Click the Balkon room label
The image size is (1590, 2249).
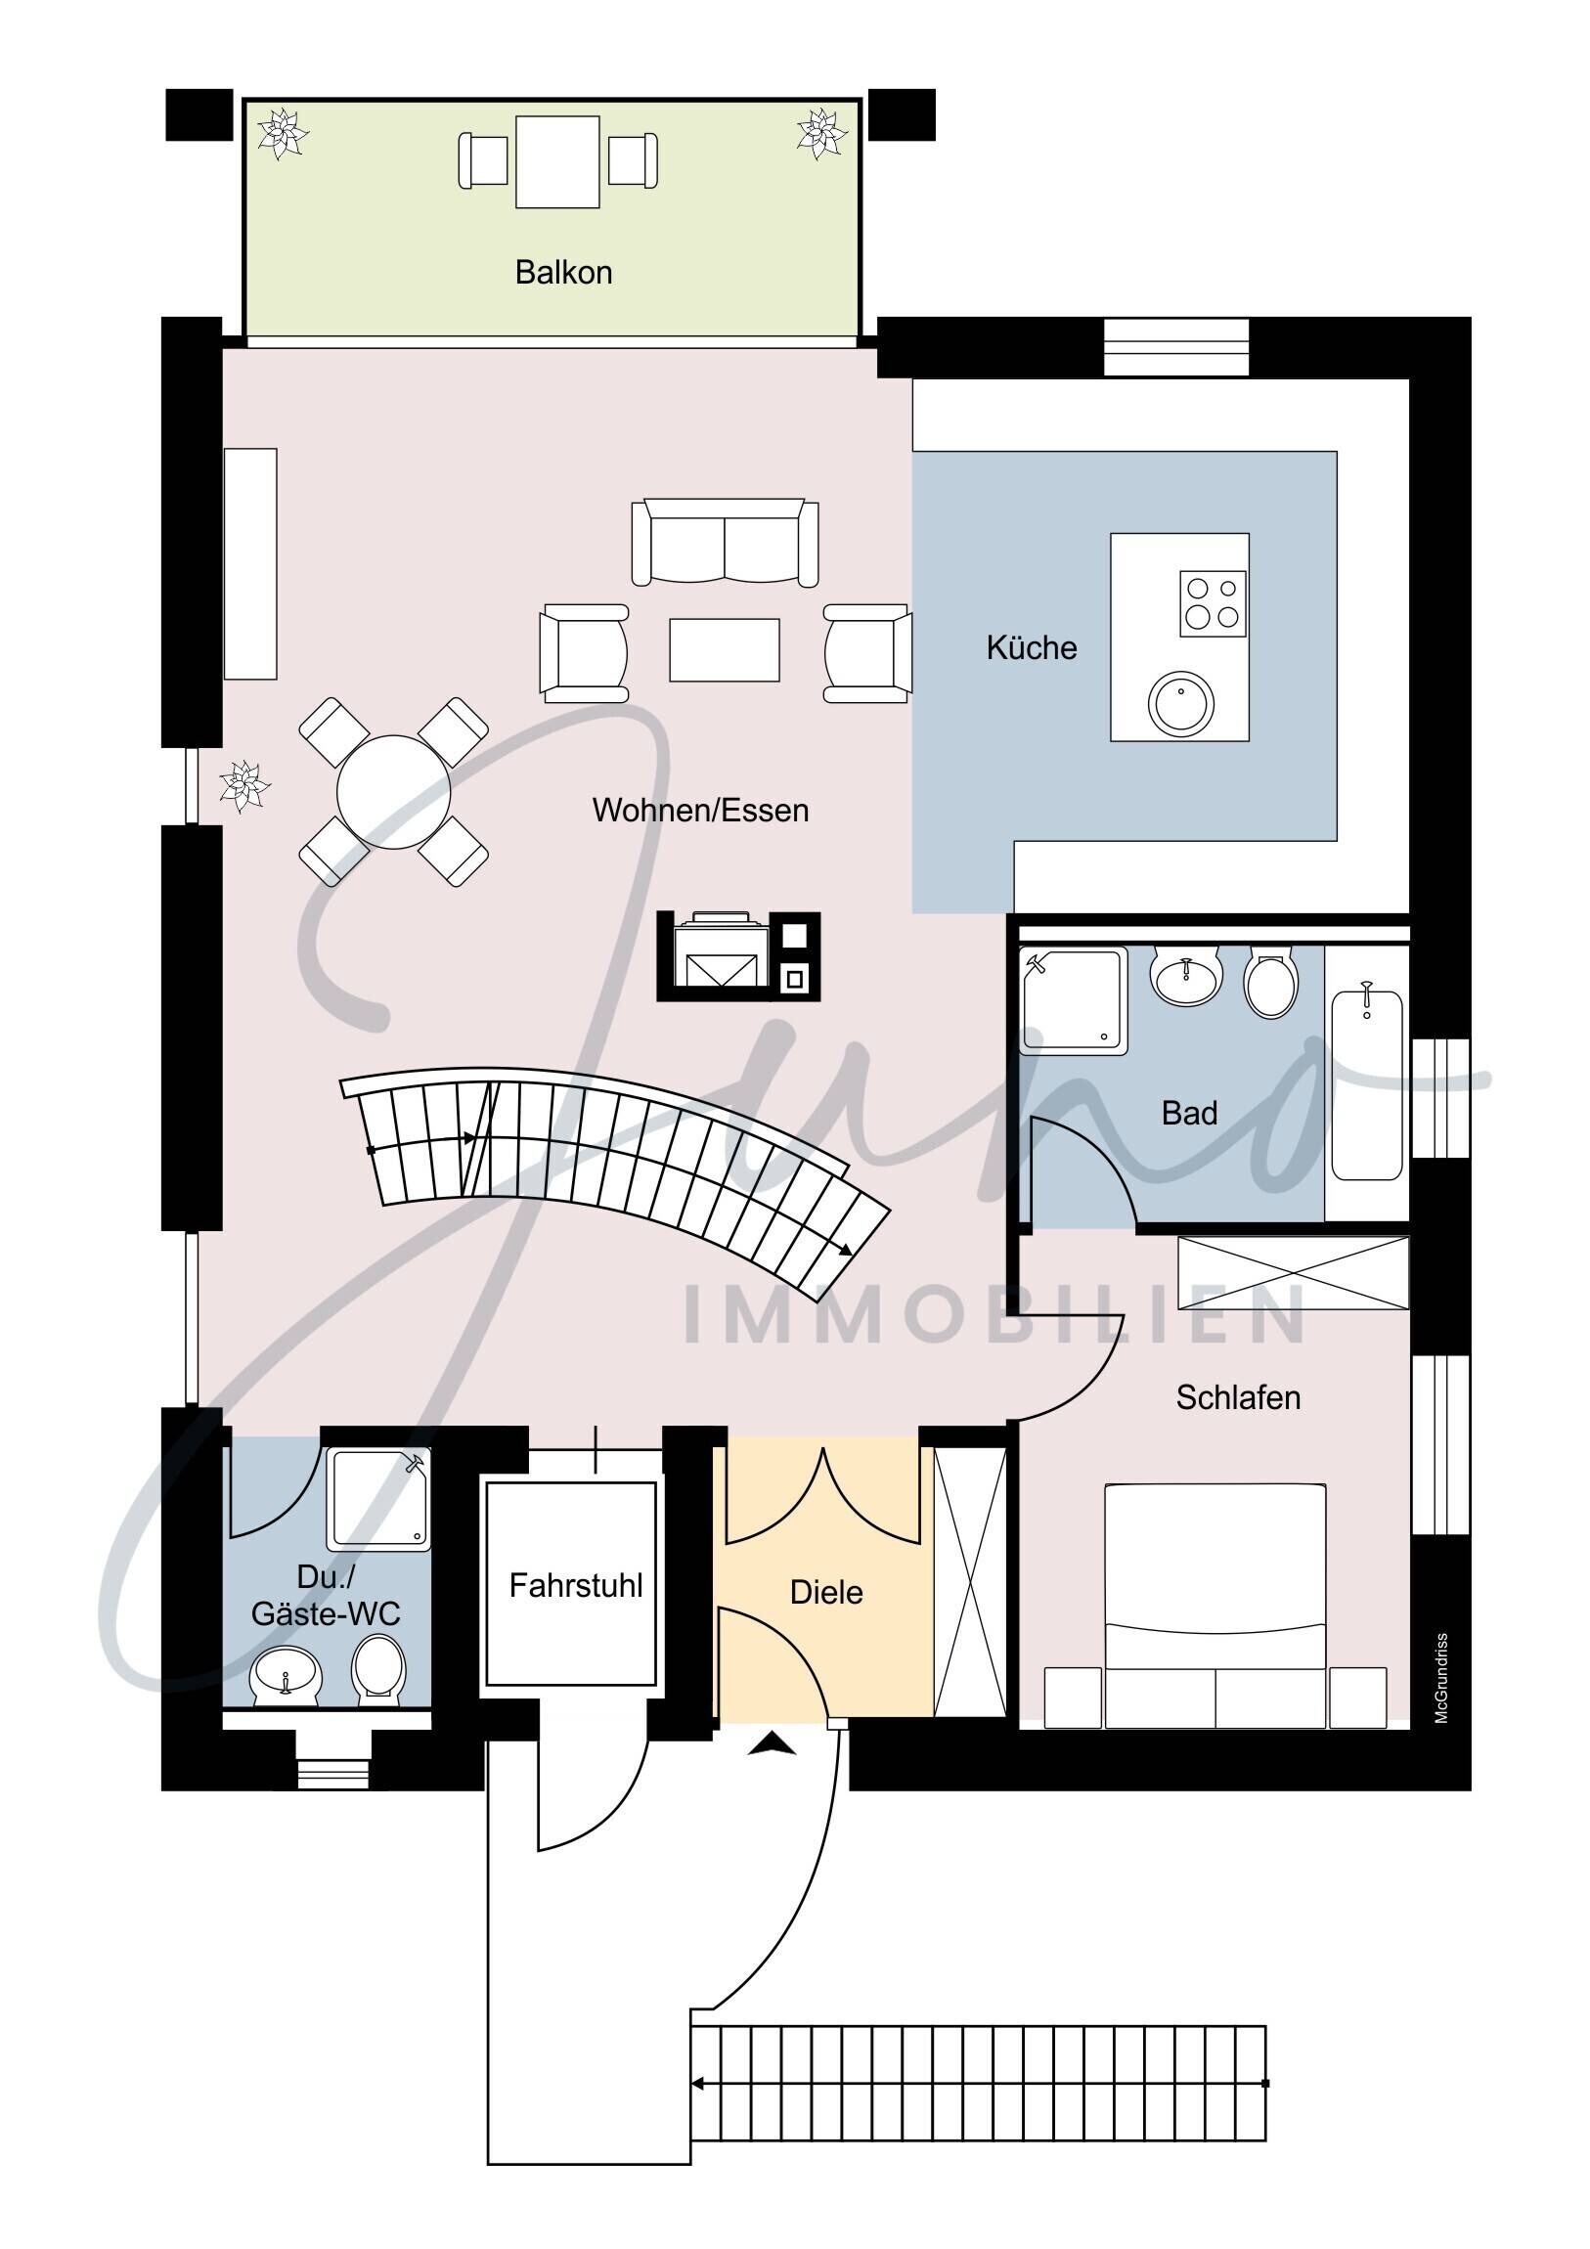[563, 272]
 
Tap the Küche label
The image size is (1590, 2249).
[1031, 647]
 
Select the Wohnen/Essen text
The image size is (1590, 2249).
[700, 810]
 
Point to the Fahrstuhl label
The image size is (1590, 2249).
[575, 1585]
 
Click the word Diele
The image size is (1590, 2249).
[826, 1592]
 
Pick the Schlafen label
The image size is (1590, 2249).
[1237, 1396]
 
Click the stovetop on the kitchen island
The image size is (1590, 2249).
[1212, 603]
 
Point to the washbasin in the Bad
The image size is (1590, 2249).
[1185, 976]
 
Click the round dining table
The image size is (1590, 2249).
[394, 791]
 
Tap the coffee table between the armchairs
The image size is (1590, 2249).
[724, 649]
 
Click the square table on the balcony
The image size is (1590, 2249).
[557, 161]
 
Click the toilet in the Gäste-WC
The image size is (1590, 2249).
[378, 1667]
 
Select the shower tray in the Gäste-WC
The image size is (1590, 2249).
[378, 1500]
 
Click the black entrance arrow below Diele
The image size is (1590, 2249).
[772, 1744]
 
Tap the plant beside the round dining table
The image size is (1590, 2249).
[243, 785]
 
